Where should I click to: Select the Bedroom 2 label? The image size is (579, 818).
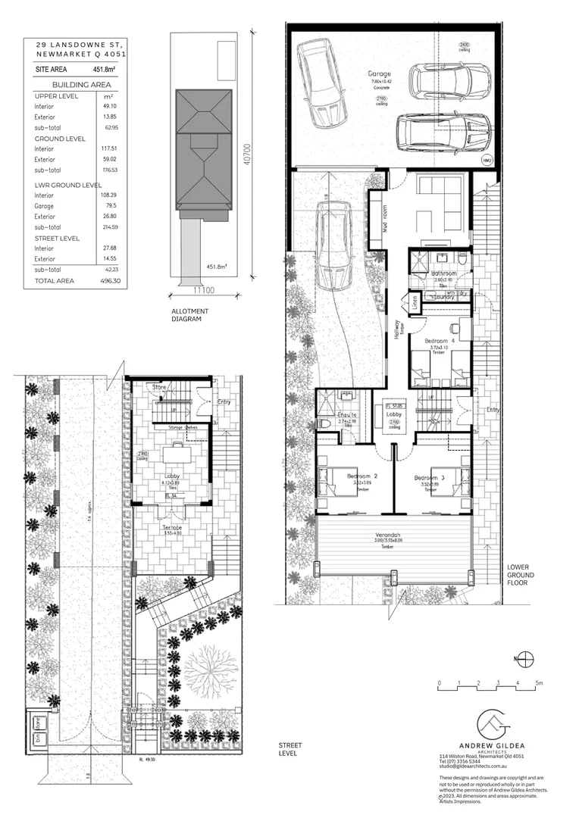362,476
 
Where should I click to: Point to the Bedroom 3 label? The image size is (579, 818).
430,478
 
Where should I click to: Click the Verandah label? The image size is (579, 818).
393,533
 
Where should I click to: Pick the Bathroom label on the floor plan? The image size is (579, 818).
443,273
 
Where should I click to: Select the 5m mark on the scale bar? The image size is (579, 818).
537,682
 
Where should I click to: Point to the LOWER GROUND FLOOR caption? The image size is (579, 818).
521,575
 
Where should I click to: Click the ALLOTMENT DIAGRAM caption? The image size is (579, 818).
190,315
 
